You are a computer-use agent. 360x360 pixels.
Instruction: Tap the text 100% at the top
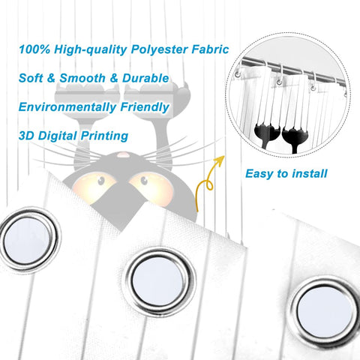(34, 49)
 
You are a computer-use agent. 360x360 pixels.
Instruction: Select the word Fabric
(210, 49)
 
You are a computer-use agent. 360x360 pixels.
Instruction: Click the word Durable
(145, 78)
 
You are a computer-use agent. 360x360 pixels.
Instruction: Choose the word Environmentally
(67, 107)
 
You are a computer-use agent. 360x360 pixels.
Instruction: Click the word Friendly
(145, 107)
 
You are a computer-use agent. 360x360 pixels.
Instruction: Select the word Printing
(104, 136)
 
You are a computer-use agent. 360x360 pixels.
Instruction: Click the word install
(310, 173)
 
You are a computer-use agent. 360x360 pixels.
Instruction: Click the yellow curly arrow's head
(219, 160)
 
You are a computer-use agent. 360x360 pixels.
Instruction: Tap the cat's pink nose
(123, 155)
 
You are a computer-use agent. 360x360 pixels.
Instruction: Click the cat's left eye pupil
(101, 180)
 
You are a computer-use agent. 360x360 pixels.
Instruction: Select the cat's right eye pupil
(144, 180)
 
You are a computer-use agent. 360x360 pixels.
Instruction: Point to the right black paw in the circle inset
(294, 134)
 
